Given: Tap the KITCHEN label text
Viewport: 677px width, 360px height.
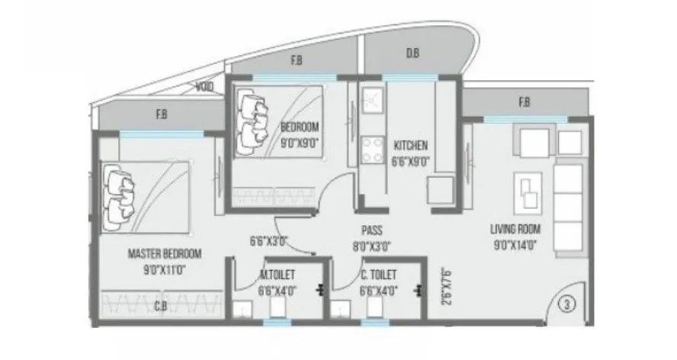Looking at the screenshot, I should pyautogui.click(x=411, y=146).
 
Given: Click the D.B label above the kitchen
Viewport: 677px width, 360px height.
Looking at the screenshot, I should pyautogui.click(x=412, y=54).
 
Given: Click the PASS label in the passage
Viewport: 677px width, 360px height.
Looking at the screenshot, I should pyautogui.click(x=371, y=230).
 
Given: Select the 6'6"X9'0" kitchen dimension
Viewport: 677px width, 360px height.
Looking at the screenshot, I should pyautogui.click(x=411, y=161).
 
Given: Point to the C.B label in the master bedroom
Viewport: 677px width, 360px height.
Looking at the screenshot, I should pyautogui.click(x=160, y=307).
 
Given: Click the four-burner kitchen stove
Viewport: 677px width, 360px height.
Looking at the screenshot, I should pyautogui.click(x=374, y=149).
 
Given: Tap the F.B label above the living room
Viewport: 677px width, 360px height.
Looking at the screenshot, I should pyautogui.click(x=525, y=103).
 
